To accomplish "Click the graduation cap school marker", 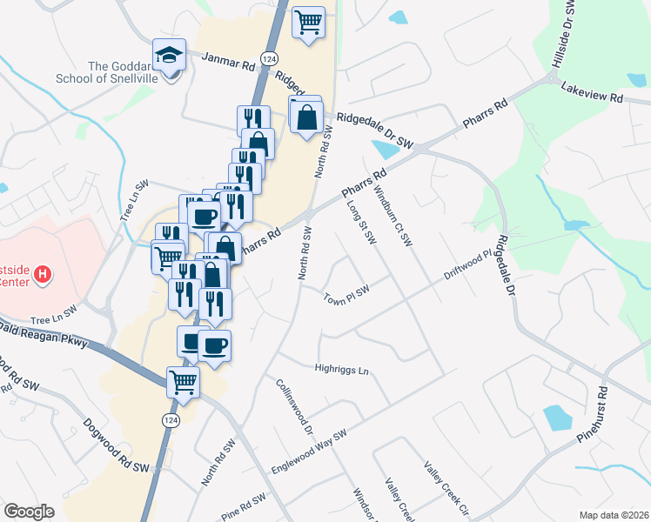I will [168, 56].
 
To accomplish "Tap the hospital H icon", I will [42, 276].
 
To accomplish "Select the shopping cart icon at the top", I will [308, 22].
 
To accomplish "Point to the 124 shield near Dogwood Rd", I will [170, 419].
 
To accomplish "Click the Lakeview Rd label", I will [593, 92].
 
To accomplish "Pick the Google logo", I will [30, 512].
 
